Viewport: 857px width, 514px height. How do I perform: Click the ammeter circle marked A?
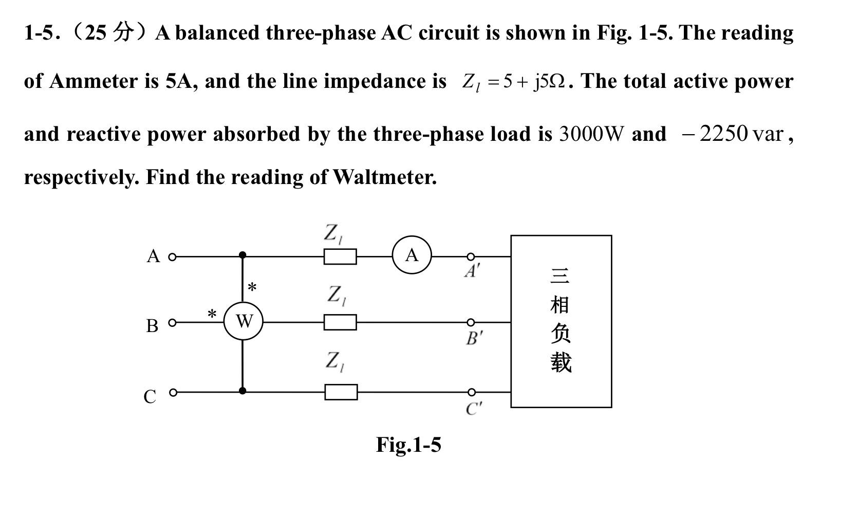pos(412,255)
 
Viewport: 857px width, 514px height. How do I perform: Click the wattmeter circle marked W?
pos(244,321)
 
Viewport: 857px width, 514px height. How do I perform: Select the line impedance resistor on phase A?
pos(340,256)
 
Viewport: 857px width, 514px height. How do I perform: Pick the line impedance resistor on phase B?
pos(340,322)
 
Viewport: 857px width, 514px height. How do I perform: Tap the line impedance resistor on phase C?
pos(341,392)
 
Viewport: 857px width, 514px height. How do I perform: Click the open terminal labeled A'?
pos(470,256)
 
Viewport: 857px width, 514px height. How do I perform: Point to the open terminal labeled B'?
pos(470,322)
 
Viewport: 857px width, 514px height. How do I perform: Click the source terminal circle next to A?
pos(172,256)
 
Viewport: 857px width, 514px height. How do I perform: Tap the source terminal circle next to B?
pos(172,323)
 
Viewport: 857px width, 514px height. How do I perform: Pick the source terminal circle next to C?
pos(173,392)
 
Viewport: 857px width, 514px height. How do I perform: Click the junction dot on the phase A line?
pos(243,255)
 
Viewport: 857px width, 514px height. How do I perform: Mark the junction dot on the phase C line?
pos(243,391)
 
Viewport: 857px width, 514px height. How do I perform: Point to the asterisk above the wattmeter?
pos(252,287)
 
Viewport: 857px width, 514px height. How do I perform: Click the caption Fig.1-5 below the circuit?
pos(408,445)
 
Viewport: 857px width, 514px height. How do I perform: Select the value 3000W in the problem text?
pos(591,134)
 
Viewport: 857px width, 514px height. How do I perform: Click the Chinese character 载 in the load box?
pos(561,362)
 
